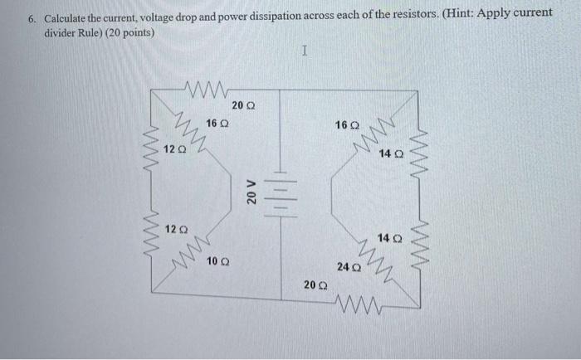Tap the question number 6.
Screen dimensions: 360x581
(x=29, y=17)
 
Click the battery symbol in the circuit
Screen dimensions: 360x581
(x=279, y=192)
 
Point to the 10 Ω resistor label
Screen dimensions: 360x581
(x=218, y=260)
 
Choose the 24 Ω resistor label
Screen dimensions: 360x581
(x=348, y=266)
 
